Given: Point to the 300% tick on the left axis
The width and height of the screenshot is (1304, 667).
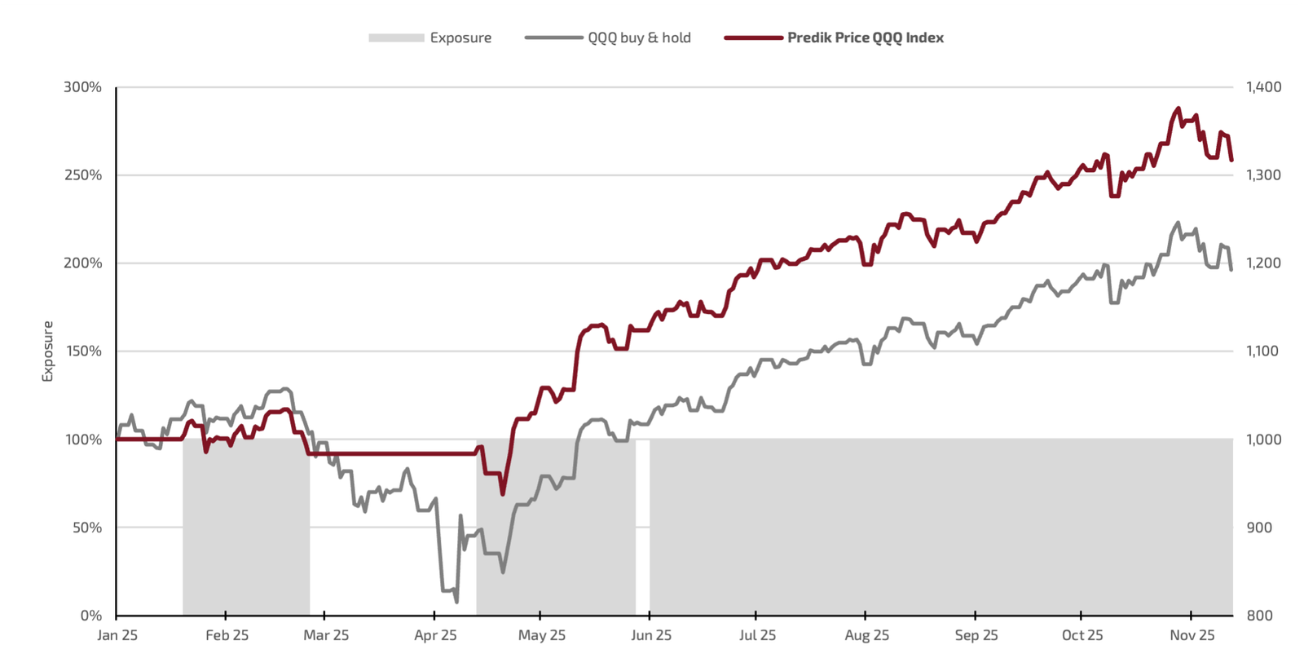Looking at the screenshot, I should point(83,87).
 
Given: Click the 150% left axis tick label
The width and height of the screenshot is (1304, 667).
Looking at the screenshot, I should point(83,351).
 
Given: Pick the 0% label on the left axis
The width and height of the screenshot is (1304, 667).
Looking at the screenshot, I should point(91,616).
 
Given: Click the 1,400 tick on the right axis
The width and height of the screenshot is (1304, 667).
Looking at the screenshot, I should point(1263,87).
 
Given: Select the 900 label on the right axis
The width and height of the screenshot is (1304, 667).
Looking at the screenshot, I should point(1259,528).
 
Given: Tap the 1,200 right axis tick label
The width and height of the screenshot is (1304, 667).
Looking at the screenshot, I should point(1263,263).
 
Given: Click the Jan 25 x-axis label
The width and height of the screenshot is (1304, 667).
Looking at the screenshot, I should point(117,635).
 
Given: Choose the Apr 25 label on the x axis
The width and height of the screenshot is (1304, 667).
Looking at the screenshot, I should point(435,635).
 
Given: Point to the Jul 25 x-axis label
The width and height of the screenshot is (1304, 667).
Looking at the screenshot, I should point(757,635).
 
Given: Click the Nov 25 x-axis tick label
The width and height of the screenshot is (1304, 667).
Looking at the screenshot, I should point(1192,635).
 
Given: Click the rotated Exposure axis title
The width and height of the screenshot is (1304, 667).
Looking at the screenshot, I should point(48,351).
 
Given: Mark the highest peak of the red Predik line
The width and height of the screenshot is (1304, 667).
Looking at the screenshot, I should point(1178,108).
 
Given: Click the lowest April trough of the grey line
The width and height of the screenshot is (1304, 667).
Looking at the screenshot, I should point(456,602).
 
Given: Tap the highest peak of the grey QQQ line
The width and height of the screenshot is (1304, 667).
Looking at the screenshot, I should point(1178,223).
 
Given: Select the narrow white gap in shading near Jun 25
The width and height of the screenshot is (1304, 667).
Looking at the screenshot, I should point(642,527).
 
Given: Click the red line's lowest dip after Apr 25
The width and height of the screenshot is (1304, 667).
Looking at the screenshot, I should point(503,493).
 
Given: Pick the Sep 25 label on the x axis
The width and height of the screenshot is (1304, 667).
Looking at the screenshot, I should point(976,635).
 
